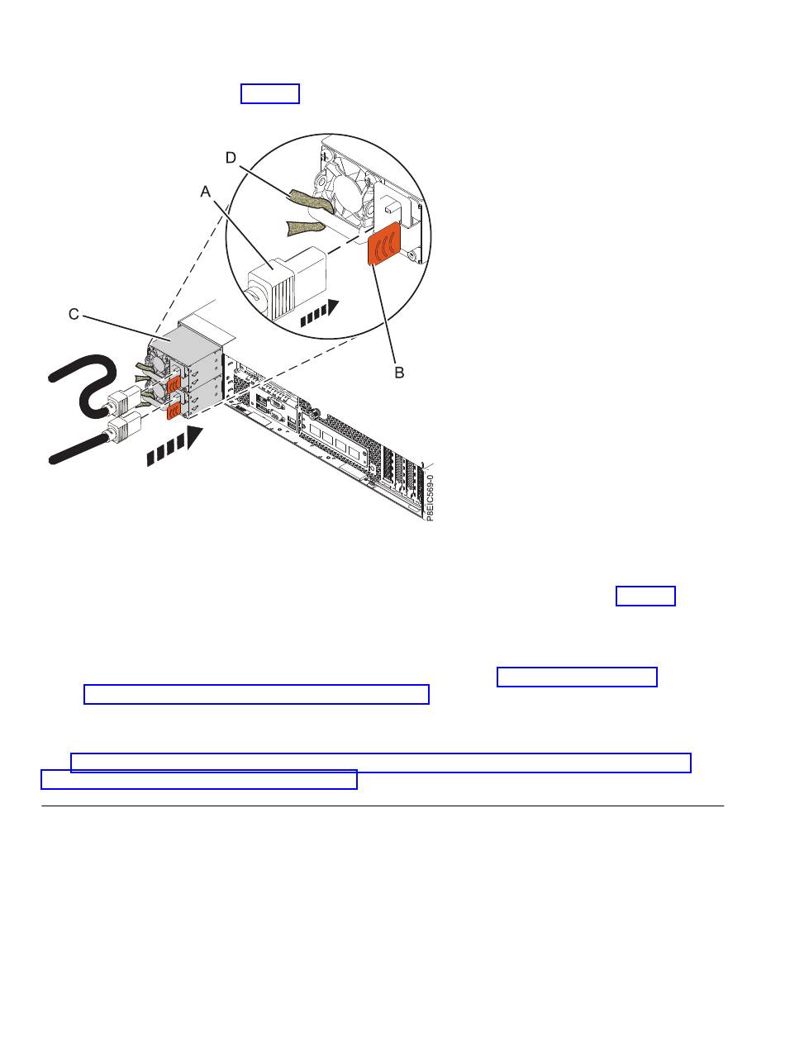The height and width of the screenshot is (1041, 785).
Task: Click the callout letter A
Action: [205, 192]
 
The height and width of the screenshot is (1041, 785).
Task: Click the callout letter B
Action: [399, 373]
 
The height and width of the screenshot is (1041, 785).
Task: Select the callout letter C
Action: [74, 314]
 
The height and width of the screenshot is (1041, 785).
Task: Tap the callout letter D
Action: [231, 158]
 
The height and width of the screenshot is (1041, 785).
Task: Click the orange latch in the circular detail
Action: [384, 243]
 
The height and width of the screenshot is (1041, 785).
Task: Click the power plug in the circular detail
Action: [288, 282]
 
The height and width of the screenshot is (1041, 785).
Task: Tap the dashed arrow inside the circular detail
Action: [319, 313]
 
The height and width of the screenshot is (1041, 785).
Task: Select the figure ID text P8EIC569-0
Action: [429, 497]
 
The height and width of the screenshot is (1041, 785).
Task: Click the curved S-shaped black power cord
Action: [83, 386]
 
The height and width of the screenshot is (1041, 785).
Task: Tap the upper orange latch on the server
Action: [173, 383]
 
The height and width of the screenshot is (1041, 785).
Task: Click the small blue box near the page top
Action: [270, 93]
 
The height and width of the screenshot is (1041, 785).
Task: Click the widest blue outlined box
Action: [380, 762]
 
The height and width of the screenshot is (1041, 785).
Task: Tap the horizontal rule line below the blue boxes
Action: [383, 806]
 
